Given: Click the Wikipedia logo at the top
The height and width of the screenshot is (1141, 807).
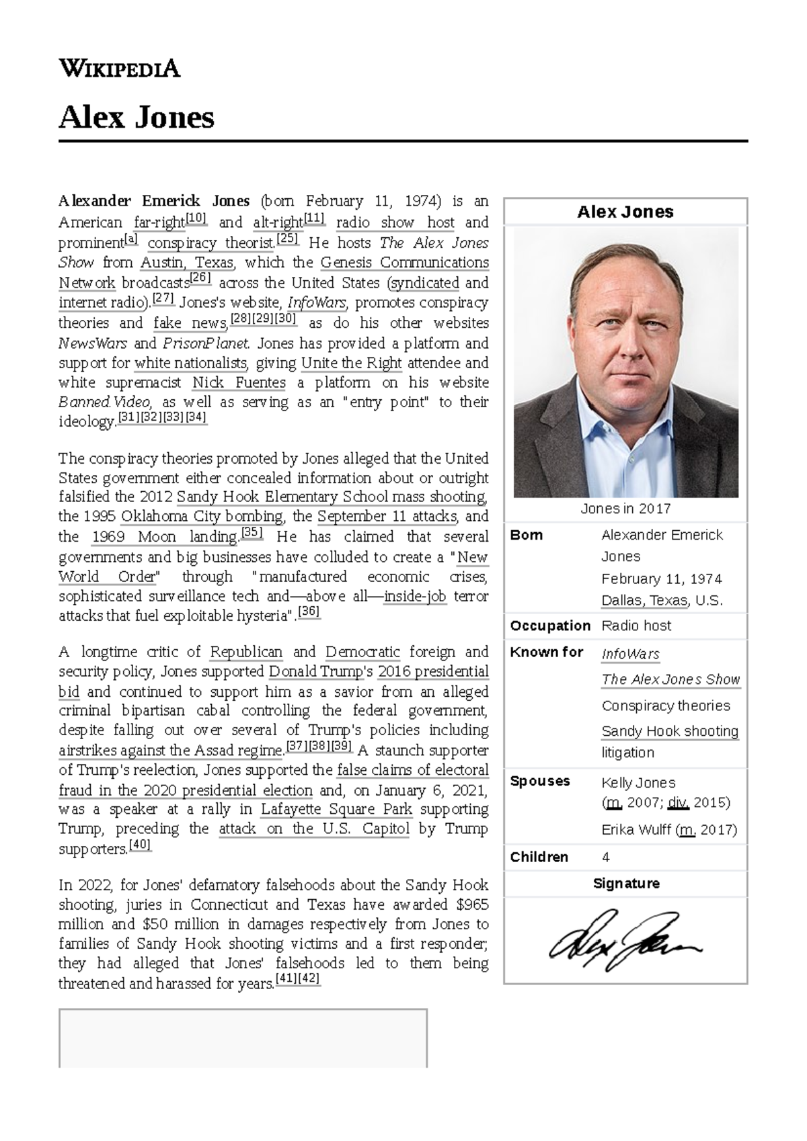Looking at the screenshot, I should pos(120,69).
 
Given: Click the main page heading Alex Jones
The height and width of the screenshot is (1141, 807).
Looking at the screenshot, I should pos(137,118).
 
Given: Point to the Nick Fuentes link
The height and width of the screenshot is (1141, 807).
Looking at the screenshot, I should pos(239,383).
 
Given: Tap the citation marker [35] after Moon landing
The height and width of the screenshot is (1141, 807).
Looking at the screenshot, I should pos(252,533).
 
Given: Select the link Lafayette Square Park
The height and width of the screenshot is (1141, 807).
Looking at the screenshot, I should pos(336,809).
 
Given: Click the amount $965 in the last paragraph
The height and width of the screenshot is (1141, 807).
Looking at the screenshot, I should pos(472,904).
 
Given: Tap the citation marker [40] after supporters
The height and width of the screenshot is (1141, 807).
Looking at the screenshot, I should pos(140,845).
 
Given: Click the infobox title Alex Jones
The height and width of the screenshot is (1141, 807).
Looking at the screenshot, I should pos(625,212).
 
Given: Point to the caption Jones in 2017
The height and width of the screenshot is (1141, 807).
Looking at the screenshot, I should pos(625,509).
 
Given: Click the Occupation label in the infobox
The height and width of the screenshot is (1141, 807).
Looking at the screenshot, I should pos(549,626).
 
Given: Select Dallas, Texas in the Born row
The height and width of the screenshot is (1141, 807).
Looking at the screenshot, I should pos(645,601).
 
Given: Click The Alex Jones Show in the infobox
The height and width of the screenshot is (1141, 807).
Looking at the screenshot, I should pos(670,679).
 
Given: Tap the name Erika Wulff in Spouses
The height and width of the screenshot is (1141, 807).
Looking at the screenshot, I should pos(636,830).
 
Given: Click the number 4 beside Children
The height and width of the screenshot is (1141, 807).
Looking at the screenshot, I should pos(606,857).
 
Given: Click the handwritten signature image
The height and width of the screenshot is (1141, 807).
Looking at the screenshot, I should pos(625,940).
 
